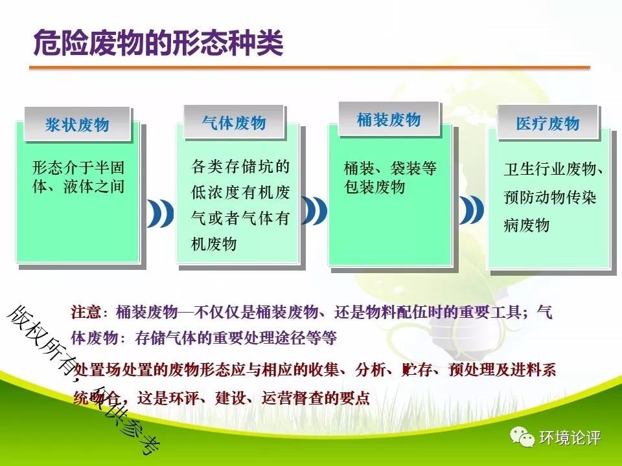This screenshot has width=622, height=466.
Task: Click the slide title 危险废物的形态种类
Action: click(x=158, y=43)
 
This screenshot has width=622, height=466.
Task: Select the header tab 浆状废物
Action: click(x=77, y=124)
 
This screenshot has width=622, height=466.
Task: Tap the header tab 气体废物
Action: click(x=234, y=122)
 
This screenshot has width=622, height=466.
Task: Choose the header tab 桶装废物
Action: click(x=389, y=119)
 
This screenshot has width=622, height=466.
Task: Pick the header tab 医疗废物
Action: click(x=547, y=122)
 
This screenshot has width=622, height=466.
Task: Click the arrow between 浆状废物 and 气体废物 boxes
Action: click(x=161, y=213)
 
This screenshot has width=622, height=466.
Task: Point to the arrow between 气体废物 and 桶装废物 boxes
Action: click(x=314, y=210)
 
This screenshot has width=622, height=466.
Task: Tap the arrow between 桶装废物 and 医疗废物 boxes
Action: click(x=471, y=210)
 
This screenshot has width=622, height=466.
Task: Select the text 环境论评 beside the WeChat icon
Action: click(x=570, y=438)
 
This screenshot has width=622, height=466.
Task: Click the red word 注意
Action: click(x=86, y=312)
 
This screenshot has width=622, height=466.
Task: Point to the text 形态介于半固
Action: click(x=78, y=168)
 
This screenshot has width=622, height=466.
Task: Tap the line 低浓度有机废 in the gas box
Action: click(x=240, y=193)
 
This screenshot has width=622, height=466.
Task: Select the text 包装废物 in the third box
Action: click(x=374, y=187)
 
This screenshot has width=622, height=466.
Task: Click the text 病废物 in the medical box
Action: click(x=526, y=225)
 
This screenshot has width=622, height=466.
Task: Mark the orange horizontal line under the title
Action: click(x=310, y=68)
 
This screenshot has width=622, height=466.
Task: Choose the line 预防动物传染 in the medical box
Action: click(x=550, y=197)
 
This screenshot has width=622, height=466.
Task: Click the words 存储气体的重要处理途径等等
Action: click(x=236, y=338)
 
